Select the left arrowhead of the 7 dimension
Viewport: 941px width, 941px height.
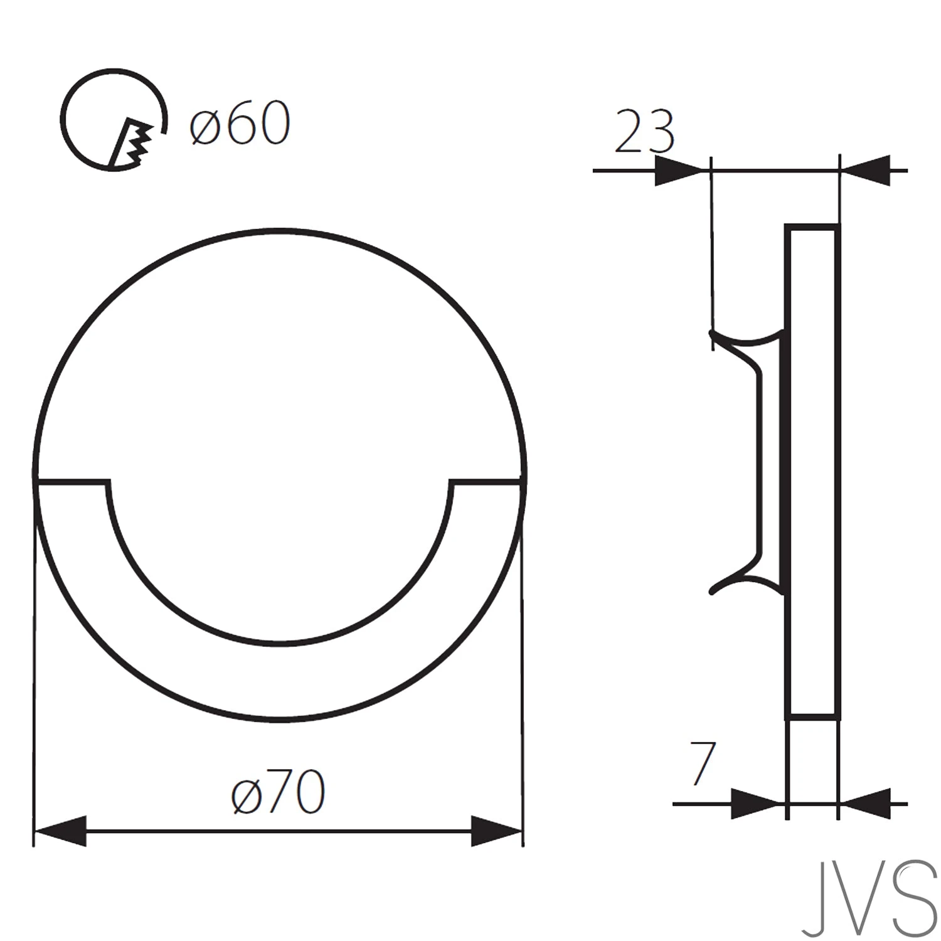tap(757, 804)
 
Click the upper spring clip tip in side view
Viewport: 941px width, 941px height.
tap(713, 335)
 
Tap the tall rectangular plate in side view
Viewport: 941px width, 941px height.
tap(812, 470)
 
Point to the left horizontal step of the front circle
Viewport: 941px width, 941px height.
tap(72, 482)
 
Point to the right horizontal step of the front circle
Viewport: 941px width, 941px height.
tap(486, 482)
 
